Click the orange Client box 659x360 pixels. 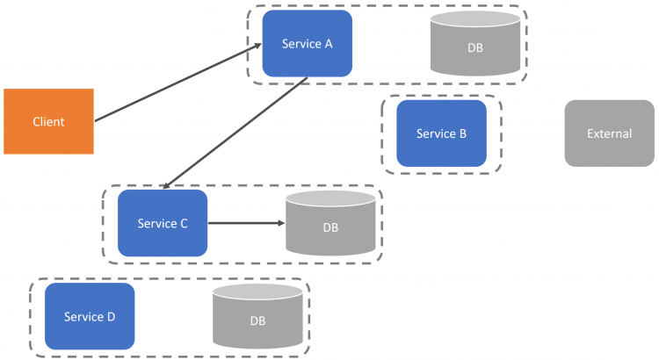tap(48, 121)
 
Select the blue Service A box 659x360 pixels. tap(308, 43)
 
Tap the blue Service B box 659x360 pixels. tap(441, 133)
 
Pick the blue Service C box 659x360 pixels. tap(163, 223)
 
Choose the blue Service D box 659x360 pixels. tap(90, 316)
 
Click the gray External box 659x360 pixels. tap(610, 133)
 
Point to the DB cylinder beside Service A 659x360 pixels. tap(475, 43)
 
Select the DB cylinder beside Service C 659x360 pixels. tap(330, 223)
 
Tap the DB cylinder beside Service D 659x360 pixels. tap(257, 316)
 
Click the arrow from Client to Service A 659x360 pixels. tap(178, 83)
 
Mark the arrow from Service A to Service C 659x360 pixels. tap(235, 133)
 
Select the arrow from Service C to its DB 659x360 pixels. tap(247, 223)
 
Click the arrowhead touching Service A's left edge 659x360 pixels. tap(257, 46)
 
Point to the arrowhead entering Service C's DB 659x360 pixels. tap(281, 223)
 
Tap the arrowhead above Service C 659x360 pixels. tap(166, 185)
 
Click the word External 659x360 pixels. tap(610, 133)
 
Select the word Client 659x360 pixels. tap(48, 122)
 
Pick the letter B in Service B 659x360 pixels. tap(463, 133)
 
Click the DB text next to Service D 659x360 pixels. tap(257, 321)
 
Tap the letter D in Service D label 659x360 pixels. tap(112, 317)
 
